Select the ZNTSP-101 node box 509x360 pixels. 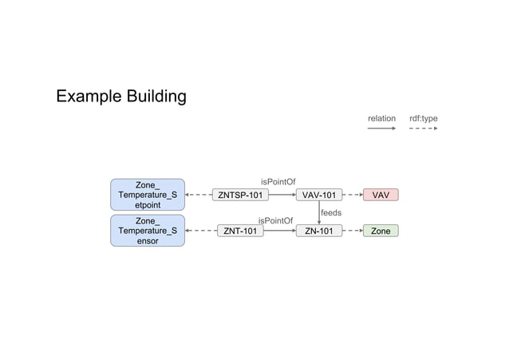pyautogui.click(x=240, y=195)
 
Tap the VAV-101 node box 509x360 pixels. pyautogui.click(x=319, y=195)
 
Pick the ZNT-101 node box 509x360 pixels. pyautogui.click(x=240, y=231)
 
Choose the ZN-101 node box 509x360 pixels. pyautogui.click(x=319, y=231)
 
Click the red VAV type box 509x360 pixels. pyautogui.click(x=381, y=195)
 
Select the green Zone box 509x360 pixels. pyautogui.click(x=381, y=231)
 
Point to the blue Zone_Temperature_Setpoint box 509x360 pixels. pyautogui.click(x=148, y=195)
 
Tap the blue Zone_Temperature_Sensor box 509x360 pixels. pyautogui.click(x=148, y=231)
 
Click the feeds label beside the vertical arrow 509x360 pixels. pyautogui.click(x=331, y=213)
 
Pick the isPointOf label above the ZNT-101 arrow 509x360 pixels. pyautogui.click(x=275, y=220)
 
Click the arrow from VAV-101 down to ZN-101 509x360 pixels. pyautogui.click(x=319, y=212)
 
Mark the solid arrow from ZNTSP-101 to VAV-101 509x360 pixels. pyautogui.click(x=282, y=195)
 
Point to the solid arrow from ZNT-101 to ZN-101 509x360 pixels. pyautogui.click(x=279, y=231)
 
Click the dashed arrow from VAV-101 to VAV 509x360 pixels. pyautogui.click(x=353, y=195)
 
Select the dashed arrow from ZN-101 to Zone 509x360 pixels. pyautogui.click(x=353, y=231)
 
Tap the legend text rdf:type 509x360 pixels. pyautogui.click(x=424, y=119)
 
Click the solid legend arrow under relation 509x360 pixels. pyautogui.click(x=381, y=128)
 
